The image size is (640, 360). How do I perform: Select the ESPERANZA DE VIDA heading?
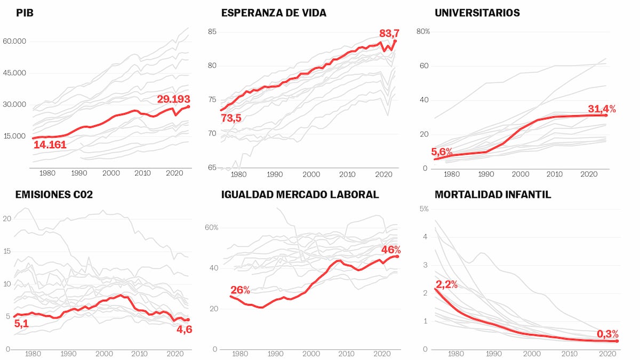[274, 12]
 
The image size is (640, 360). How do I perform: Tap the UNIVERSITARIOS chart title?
[477, 12]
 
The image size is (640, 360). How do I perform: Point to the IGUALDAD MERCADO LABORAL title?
[300, 195]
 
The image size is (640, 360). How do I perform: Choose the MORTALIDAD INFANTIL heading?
[493, 195]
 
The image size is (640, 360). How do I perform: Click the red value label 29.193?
[173, 99]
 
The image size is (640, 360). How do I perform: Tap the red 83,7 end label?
[389, 34]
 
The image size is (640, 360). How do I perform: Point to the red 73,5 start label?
[231, 118]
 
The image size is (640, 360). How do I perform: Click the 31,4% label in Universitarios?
[602, 109]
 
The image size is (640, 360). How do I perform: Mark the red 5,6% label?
[442, 151]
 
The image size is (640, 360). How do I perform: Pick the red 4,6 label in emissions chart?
[184, 330]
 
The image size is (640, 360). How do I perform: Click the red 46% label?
[390, 250]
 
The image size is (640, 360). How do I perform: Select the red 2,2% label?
[446, 284]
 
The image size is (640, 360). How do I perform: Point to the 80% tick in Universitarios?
[423, 31]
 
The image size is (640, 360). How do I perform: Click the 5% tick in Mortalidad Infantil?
[423, 209]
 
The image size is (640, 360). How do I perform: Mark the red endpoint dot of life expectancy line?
[395, 41]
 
